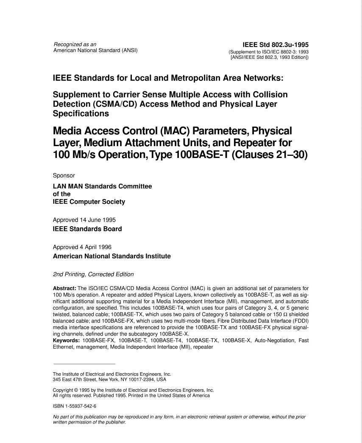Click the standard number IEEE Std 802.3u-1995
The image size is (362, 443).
click(275, 44)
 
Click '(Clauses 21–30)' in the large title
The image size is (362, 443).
click(268, 155)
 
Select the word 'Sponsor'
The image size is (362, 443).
click(64, 175)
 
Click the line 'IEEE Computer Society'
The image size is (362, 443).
click(89, 202)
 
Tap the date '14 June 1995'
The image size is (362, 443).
click(97, 220)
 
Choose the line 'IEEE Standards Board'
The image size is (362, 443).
click(87, 229)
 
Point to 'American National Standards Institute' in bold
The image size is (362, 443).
click(111, 256)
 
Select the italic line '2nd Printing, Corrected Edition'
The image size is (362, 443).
click(93, 274)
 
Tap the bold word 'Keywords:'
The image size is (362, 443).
click(66, 341)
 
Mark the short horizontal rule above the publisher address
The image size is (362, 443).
click(84, 364)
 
